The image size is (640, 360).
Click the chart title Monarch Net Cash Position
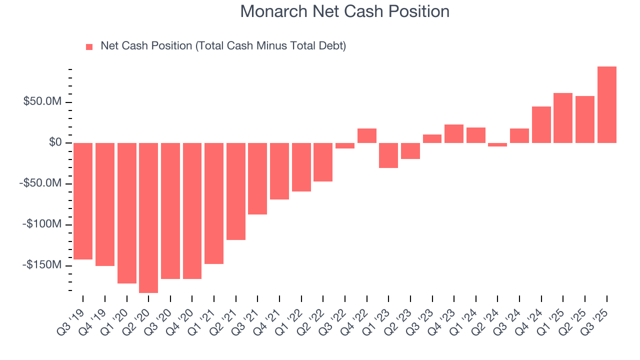coord(344,11)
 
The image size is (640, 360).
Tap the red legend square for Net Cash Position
coord(89,46)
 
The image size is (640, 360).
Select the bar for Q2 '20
coord(148,217)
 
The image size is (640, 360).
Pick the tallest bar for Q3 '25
coord(606,104)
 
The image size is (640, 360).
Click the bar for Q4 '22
coord(367,135)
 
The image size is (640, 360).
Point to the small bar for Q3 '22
coord(345,145)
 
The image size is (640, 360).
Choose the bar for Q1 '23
coord(388,155)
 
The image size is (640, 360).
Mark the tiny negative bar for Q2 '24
coord(497,144)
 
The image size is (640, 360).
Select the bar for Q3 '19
coord(83,201)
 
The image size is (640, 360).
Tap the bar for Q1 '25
coord(563,118)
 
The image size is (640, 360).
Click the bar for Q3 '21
coord(257,178)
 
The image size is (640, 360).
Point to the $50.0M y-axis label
coord(43,102)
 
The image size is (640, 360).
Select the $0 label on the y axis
coord(54,143)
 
